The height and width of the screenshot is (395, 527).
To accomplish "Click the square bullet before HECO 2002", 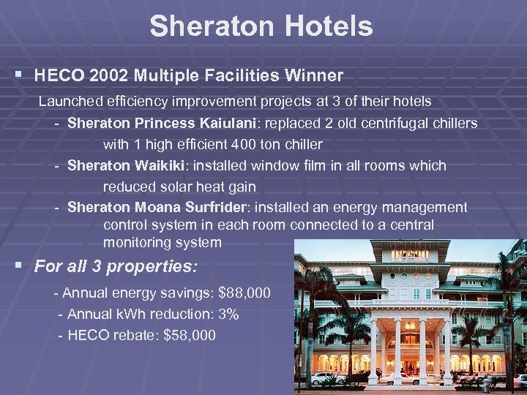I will [18, 75].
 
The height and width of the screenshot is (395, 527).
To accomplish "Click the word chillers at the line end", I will [452, 122].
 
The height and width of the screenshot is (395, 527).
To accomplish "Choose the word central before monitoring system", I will [405, 225].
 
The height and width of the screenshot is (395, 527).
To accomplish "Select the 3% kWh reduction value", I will [228, 314].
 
